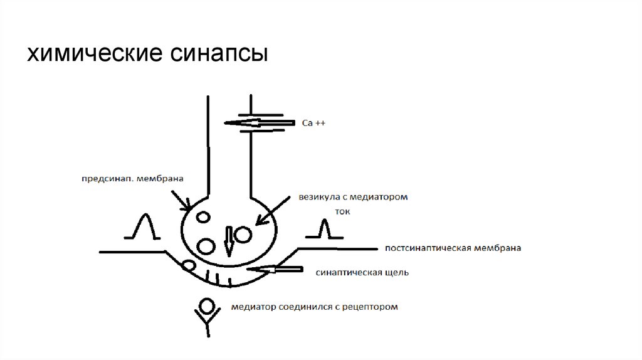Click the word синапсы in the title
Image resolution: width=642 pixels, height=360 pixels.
pos(219,54)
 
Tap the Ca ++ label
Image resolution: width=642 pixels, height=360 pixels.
pos(313,124)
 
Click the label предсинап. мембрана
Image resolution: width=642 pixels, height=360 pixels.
pos(132,179)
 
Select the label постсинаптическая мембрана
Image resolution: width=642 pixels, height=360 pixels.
pos(453,248)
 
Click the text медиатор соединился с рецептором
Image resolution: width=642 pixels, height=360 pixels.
pos(314,307)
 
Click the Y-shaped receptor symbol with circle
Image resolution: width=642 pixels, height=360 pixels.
pos(205,314)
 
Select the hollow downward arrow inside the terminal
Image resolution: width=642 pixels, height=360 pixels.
pos(228,240)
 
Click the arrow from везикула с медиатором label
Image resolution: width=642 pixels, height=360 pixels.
pos(271,211)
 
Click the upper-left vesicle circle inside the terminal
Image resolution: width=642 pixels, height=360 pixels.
pos(203,218)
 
